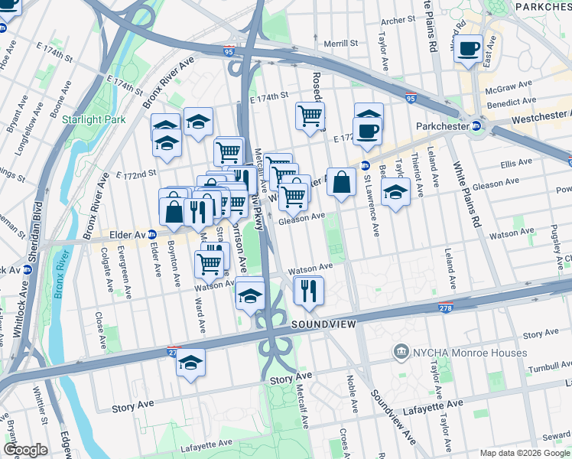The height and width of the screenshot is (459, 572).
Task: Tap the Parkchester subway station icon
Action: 476,126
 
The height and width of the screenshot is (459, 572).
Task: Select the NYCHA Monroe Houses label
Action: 469,353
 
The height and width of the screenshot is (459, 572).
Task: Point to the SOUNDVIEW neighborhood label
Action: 323,325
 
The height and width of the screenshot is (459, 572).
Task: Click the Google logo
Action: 25,450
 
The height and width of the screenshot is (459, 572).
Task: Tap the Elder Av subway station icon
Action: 152,235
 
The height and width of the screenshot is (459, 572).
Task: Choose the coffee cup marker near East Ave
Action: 468,50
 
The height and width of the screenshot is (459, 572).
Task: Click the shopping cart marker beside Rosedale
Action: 310,116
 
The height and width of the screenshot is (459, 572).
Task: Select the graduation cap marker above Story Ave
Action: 190,363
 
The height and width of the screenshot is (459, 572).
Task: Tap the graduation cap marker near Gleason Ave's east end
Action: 395,191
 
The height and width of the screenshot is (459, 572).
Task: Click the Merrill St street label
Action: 340,44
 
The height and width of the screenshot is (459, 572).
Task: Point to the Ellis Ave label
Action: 515,162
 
